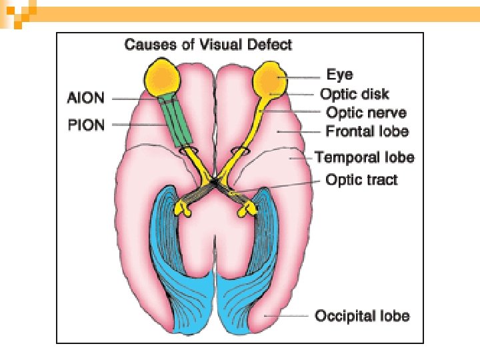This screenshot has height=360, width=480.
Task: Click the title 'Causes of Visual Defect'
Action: (x=209, y=45)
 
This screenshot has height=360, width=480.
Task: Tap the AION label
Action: (x=86, y=98)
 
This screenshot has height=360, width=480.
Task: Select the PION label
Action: (x=87, y=125)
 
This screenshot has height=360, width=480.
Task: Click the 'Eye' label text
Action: (x=340, y=75)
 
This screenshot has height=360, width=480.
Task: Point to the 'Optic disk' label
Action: (x=355, y=94)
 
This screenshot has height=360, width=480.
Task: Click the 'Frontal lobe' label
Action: (x=367, y=131)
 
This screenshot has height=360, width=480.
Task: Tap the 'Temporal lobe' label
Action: (x=365, y=157)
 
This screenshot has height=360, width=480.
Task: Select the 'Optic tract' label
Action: (x=361, y=179)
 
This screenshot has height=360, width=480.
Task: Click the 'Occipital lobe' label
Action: (x=362, y=315)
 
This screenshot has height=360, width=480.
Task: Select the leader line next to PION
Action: (x=133, y=125)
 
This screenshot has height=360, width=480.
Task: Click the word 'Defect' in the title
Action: (x=271, y=45)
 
